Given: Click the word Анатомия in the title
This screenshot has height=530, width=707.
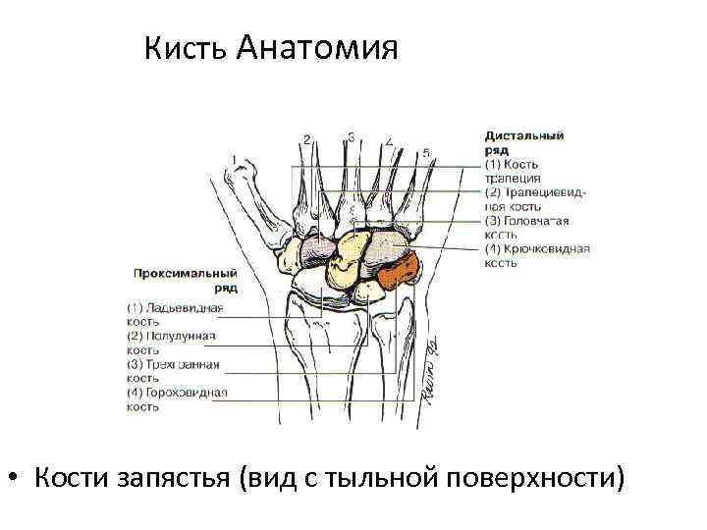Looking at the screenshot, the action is (x=317, y=48).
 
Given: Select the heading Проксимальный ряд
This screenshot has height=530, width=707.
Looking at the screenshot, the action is (x=184, y=281).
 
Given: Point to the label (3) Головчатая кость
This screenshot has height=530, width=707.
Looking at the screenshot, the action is (x=525, y=228).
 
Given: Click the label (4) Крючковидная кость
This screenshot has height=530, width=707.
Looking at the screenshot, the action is (x=535, y=255).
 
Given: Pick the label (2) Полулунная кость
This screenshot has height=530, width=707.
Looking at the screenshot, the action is (x=170, y=343).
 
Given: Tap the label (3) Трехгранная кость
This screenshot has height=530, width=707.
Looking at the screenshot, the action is (x=172, y=371).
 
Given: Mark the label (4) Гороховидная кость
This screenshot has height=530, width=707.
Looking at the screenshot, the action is (x=176, y=398).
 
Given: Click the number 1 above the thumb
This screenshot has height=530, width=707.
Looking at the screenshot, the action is (x=234, y=158).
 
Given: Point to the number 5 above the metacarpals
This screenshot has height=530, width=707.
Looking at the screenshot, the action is (x=425, y=153).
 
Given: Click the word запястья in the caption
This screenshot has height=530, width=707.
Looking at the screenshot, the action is (x=173, y=479).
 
